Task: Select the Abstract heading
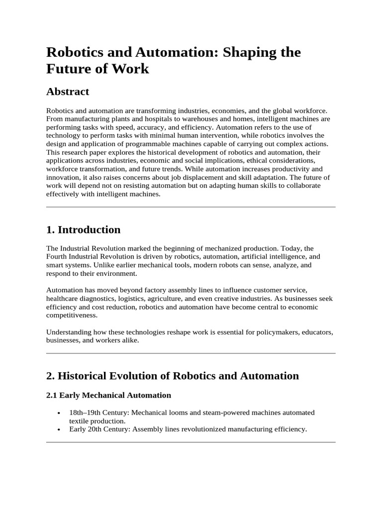click(x=68, y=91)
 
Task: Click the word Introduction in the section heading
click(x=89, y=230)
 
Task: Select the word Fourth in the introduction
click(x=56, y=256)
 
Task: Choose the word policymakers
click(x=263, y=332)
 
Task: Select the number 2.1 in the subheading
click(x=52, y=395)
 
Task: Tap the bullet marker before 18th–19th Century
click(x=59, y=413)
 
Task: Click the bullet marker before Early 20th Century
click(x=59, y=429)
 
